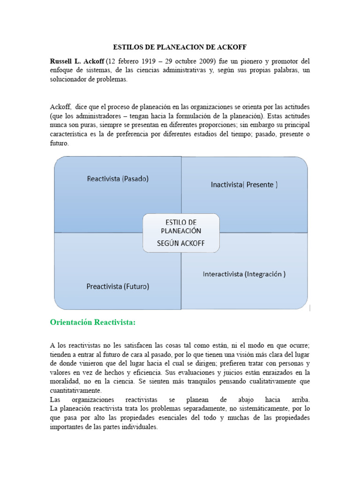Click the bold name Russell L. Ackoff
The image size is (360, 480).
(77, 61)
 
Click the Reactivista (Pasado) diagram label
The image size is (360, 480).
(118, 179)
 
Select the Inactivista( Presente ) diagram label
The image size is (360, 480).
(244, 185)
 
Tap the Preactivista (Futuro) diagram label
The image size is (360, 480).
(118, 286)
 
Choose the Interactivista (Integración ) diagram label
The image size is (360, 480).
(244, 274)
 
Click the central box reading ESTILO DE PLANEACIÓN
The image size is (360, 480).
(180, 226)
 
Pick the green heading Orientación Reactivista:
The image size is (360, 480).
(92, 322)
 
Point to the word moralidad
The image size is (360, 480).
(67, 382)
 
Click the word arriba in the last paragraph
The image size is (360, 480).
(297, 399)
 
